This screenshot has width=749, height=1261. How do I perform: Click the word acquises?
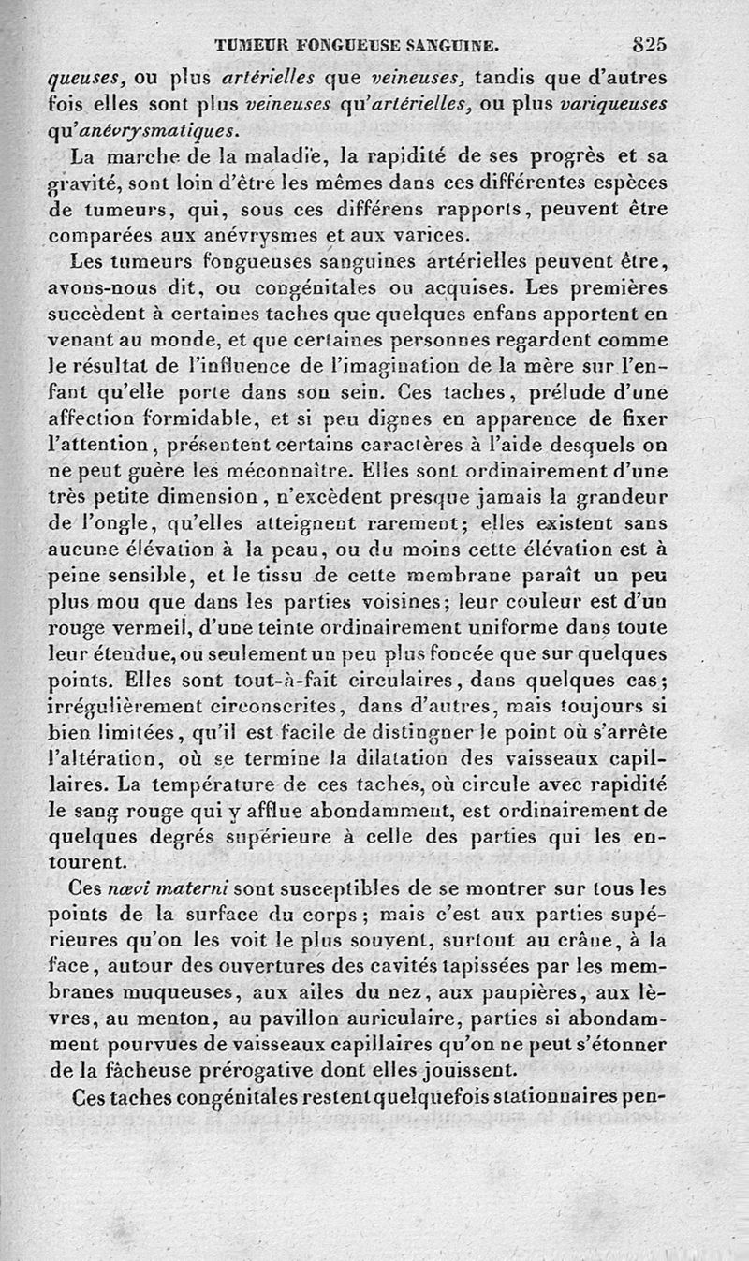pos(458,283)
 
